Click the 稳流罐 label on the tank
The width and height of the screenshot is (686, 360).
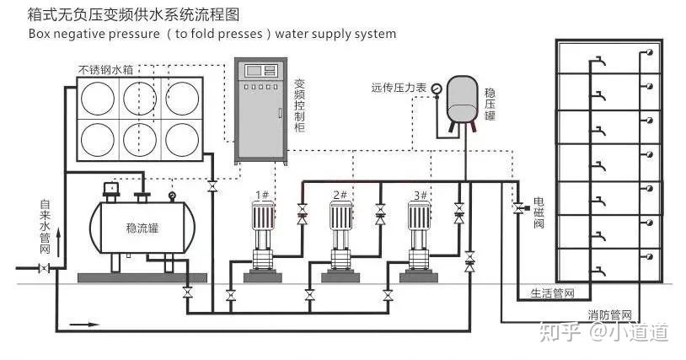(143, 228)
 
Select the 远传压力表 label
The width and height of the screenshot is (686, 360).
(400, 86)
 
